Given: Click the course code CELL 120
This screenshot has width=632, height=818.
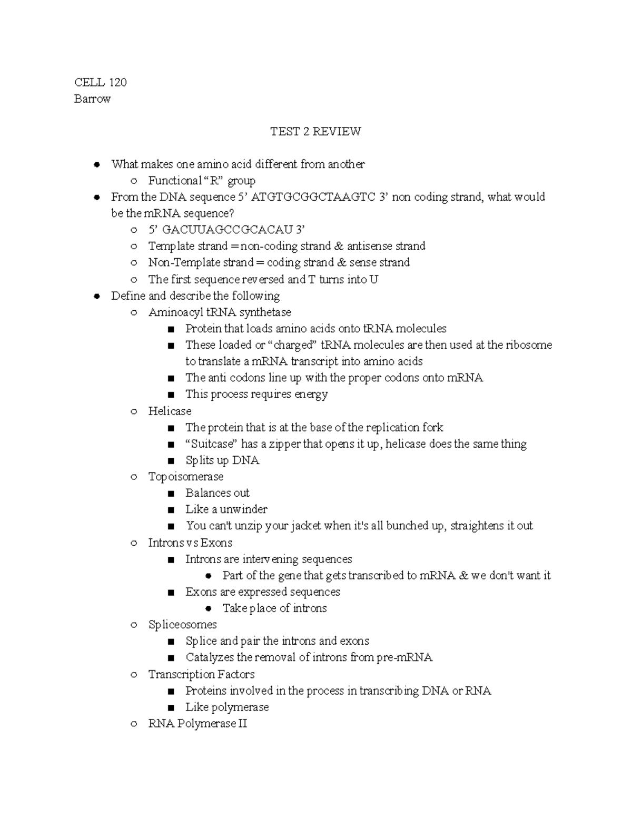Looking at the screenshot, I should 101,82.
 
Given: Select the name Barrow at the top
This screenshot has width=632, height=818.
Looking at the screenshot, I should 93,99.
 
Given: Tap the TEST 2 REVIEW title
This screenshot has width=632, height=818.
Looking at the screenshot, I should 315,132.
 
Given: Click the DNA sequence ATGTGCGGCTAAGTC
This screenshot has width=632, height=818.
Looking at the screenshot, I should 313,197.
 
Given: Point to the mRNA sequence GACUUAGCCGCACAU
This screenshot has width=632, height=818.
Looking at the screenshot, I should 227,230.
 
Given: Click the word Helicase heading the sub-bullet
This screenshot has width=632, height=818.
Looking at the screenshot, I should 170,411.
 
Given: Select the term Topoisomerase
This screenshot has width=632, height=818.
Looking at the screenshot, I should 186,477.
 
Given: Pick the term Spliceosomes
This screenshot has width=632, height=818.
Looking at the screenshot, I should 182,625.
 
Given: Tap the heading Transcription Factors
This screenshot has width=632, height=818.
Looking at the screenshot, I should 201,674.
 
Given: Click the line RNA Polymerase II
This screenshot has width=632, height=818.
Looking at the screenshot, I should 197,724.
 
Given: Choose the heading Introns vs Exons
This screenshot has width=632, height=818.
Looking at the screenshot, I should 190,543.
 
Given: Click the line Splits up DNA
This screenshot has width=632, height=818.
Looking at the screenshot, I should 222,460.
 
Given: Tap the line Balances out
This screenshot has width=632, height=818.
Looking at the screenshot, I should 218,493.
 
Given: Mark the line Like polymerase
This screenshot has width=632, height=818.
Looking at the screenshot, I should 227,707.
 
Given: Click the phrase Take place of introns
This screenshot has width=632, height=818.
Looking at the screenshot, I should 274,608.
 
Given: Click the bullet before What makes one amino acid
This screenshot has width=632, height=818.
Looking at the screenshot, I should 96,164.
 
